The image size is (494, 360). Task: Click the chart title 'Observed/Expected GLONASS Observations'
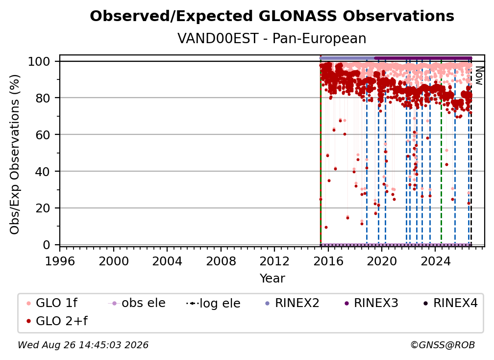pyautogui.click(x=272, y=16)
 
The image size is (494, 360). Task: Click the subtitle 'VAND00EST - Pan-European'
pyautogui.click(x=272, y=38)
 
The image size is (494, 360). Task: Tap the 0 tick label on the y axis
pyautogui.click(x=46, y=245)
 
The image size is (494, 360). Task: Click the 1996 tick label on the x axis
pyautogui.click(x=60, y=261)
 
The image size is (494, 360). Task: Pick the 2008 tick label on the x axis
pyautogui.click(x=221, y=261)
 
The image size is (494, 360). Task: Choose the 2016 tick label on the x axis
pyautogui.click(x=328, y=261)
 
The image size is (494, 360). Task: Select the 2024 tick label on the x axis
pyautogui.click(x=435, y=261)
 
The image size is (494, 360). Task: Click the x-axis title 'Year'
pyautogui.click(x=272, y=279)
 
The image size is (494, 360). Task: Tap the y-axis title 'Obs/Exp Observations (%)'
pyautogui.click(x=15, y=154)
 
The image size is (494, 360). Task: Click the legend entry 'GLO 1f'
pyautogui.click(x=52, y=303)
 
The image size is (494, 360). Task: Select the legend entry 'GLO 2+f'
pyautogui.click(x=57, y=321)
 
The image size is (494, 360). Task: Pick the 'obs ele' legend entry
pyautogui.click(x=137, y=303)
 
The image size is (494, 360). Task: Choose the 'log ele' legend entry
pyautogui.click(x=213, y=303)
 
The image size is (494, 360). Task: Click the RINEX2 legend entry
pyautogui.click(x=292, y=303)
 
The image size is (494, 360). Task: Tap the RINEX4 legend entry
pyautogui.click(x=450, y=303)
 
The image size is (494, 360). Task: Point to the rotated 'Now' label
pyautogui.click(x=479, y=76)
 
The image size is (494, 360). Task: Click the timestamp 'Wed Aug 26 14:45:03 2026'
pyautogui.click(x=83, y=345)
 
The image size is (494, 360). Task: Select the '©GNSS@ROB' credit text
pyautogui.click(x=443, y=345)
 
